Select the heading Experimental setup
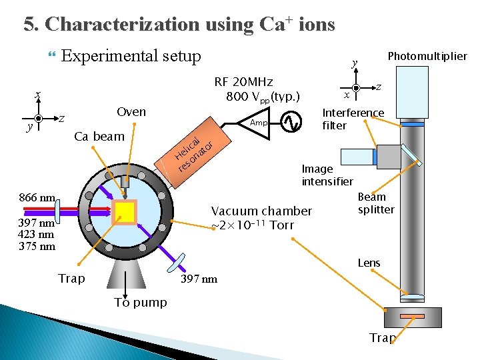click(x=131, y=56)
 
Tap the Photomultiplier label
click(x=427, y=56)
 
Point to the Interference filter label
click(x=353, y=119)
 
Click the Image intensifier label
click(x=327, y=175)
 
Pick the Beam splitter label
click(x=376, y=203)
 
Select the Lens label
click(x=369, y=263)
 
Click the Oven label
click(x=131, y=111)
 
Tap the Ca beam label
click(x=99, y=137)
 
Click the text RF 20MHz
click(x=243, y=82)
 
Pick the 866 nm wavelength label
click(x=37, y=198)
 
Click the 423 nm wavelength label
click(x=37, y=234)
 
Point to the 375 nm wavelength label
click(x=37, y=246)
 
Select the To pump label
click(x=140, y=303)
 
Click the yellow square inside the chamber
click(x=125, y=211)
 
